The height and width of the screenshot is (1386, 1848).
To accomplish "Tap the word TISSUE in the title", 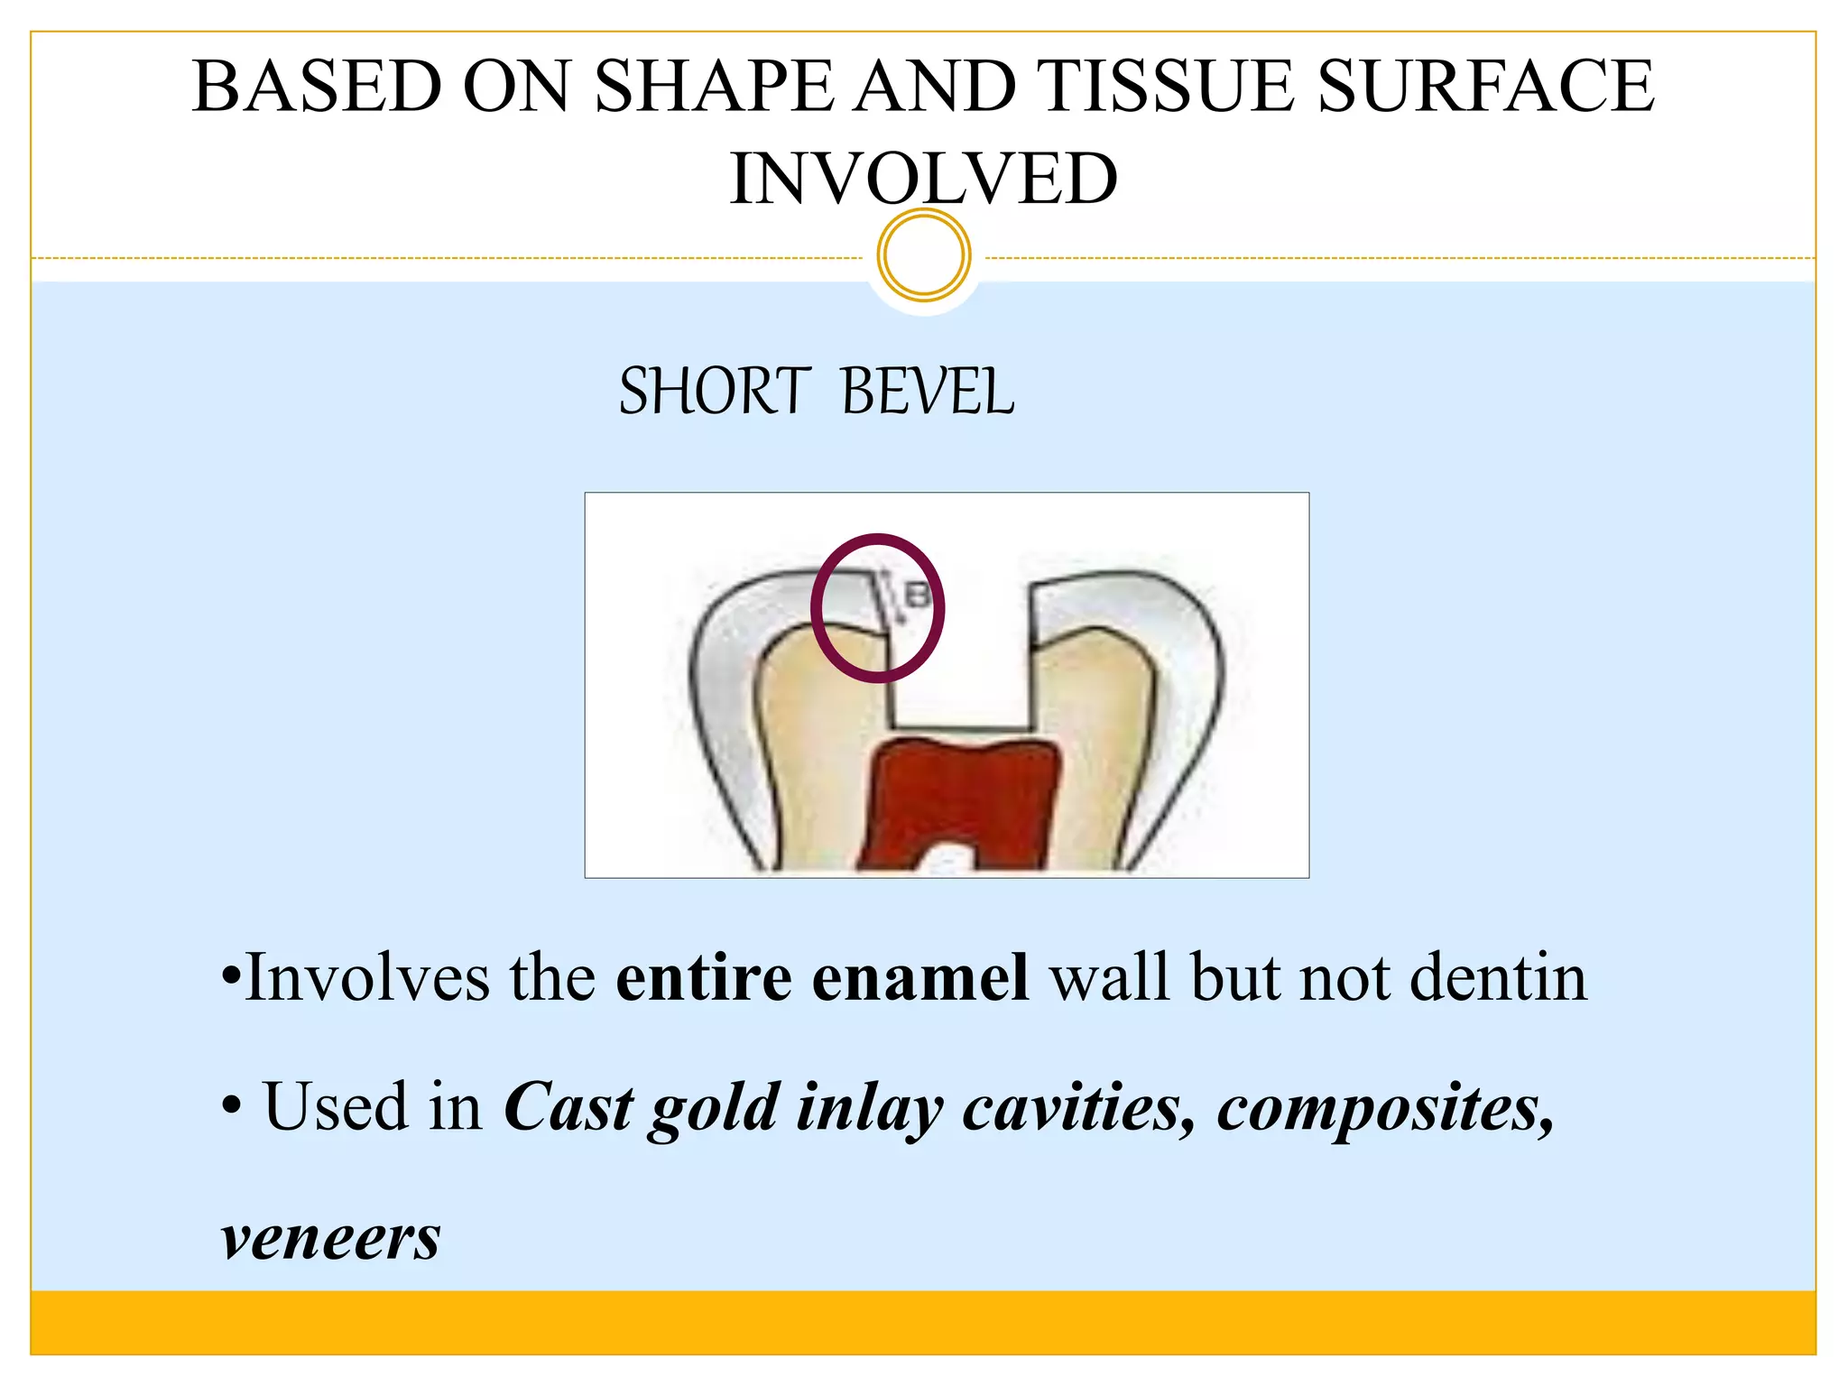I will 1168,86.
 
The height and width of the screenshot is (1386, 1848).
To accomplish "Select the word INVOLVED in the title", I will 923,179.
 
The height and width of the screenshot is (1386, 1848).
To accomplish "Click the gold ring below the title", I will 923,255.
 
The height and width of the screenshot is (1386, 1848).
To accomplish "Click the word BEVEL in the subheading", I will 927,393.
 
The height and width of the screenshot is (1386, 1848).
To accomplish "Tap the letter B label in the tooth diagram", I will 917,596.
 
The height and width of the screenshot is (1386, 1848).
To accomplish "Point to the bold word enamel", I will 919,977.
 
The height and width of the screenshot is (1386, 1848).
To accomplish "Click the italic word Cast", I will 568,1107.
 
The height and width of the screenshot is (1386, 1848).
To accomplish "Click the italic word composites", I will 1385,1107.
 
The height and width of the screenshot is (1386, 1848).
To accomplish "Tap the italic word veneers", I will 330,1238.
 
